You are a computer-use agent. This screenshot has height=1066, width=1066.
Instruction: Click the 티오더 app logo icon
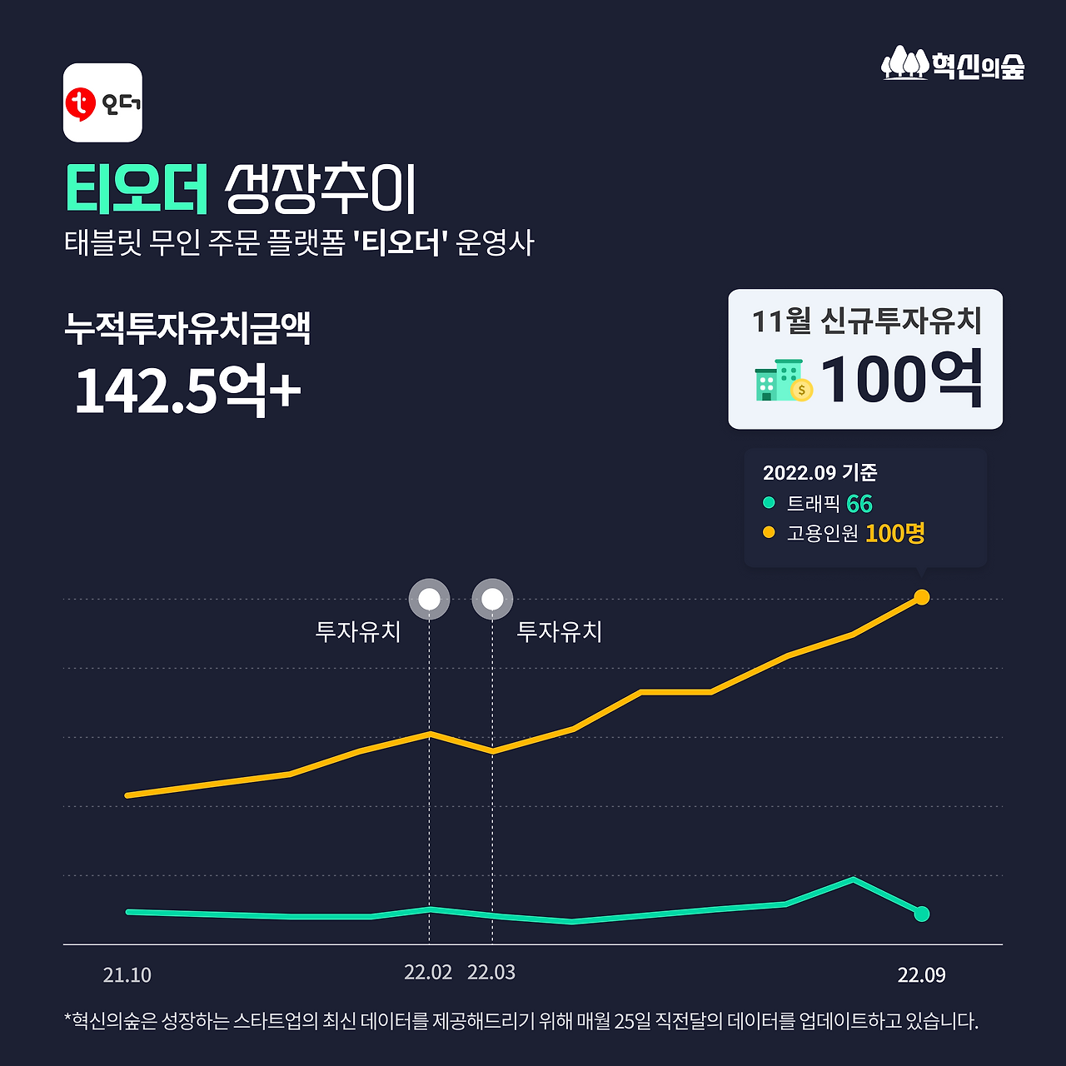coord(102,102)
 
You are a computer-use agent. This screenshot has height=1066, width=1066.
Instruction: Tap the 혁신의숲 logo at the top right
coord(953,64)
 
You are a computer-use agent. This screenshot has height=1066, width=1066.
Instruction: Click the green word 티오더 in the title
coord(137,189)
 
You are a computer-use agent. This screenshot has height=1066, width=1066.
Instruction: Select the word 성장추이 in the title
coord(320,189)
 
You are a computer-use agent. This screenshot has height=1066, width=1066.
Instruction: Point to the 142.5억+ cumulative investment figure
coord(187,390)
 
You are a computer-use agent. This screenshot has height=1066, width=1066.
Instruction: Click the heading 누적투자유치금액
coord(187,328)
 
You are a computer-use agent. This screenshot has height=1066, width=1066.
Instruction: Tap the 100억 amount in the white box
coord(901,380)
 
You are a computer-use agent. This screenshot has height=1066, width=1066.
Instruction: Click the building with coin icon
coord(783,381)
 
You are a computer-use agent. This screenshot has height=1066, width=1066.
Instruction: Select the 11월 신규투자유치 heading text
coord(866,321)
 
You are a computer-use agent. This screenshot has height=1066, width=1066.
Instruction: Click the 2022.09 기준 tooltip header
coord(819,472)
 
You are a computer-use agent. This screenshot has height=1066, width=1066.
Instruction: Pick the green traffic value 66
coord(859,504)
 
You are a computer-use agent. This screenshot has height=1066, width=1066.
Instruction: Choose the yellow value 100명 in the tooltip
coord(894,533)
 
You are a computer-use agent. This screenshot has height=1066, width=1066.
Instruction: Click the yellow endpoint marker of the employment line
coord(921,596)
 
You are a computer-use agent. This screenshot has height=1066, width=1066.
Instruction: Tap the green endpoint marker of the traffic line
coord(921,914)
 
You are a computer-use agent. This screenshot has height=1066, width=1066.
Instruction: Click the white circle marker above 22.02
coord(429,599)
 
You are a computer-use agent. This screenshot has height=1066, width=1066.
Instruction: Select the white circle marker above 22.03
coord(492,599)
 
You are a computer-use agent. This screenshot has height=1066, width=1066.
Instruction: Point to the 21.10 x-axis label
coord(127,975)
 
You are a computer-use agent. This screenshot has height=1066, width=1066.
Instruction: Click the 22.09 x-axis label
coord(921,975)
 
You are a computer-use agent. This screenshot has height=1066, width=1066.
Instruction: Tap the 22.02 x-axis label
coord(428,973)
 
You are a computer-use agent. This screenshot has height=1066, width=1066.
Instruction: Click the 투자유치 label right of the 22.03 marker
coord(559,631)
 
